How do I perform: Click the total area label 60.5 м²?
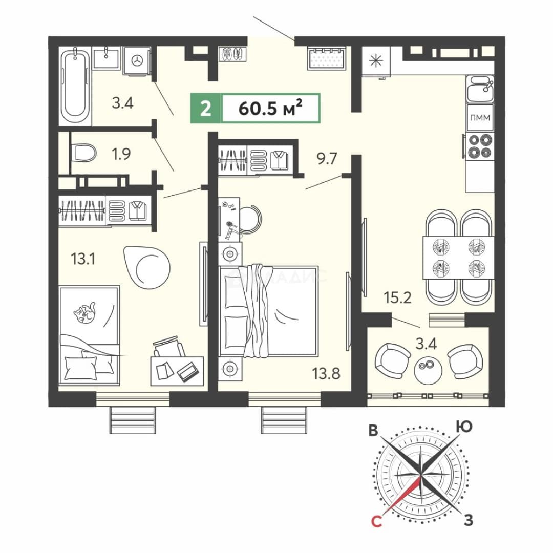coord(270,108)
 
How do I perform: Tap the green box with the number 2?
coord(206,108)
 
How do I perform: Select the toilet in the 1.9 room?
coord(83,153)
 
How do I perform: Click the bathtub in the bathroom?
coord(75,86)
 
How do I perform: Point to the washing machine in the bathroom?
coord(137,60)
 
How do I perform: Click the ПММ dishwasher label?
coord(480,117)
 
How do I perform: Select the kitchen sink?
coord(480,89)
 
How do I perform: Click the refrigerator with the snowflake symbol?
coord(376,60)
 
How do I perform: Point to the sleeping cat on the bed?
coord(84,312)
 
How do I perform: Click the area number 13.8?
coord(326,373)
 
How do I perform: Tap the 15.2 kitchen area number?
coord(397,298)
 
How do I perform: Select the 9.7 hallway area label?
coord(327,159)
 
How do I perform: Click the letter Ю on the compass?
coord(464,427)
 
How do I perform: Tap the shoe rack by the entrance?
coord(233,54)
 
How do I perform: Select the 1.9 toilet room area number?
coord(121,154)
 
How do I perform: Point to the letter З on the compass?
coord(469,520)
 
